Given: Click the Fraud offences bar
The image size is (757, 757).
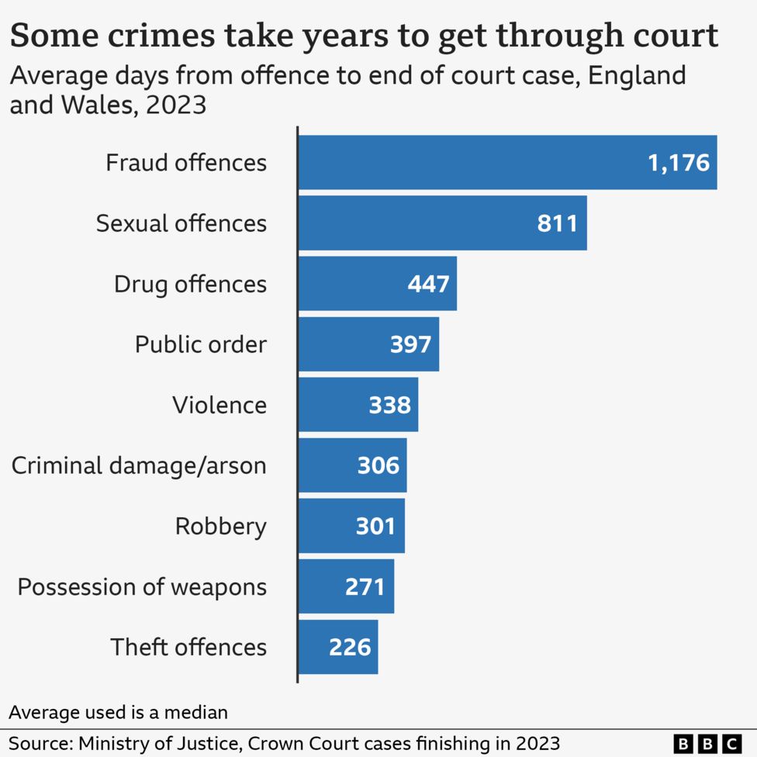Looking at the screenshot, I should (x=507, y=162).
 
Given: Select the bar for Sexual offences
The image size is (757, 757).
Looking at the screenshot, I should (x=442, y=223).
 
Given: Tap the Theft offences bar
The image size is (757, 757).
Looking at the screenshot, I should (x=338, y=647).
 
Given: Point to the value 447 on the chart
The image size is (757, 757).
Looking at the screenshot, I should (x=428, y=284).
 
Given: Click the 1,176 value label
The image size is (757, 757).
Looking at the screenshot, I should (x=679, y=163).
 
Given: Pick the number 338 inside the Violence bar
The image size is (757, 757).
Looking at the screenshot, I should (x=389, y=405).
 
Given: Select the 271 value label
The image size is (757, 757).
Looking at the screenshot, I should (x=365, y=586).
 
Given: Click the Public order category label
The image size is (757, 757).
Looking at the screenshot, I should (x=200, y=344).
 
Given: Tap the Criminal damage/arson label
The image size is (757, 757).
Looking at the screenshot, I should (x=139, y=465).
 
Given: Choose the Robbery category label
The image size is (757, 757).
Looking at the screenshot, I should (x=220, y=526).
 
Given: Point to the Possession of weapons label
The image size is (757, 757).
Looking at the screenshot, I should (x=142, y=586).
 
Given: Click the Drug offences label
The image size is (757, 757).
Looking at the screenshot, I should (x=190, y=284).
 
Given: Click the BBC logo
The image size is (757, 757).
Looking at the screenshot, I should (x=707, y=742).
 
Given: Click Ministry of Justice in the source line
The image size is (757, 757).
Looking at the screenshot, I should (x=158, y=742).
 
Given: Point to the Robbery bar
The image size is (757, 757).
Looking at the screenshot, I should (x=351, y=526).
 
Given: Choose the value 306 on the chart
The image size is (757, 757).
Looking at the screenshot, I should (x=378, y=465).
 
